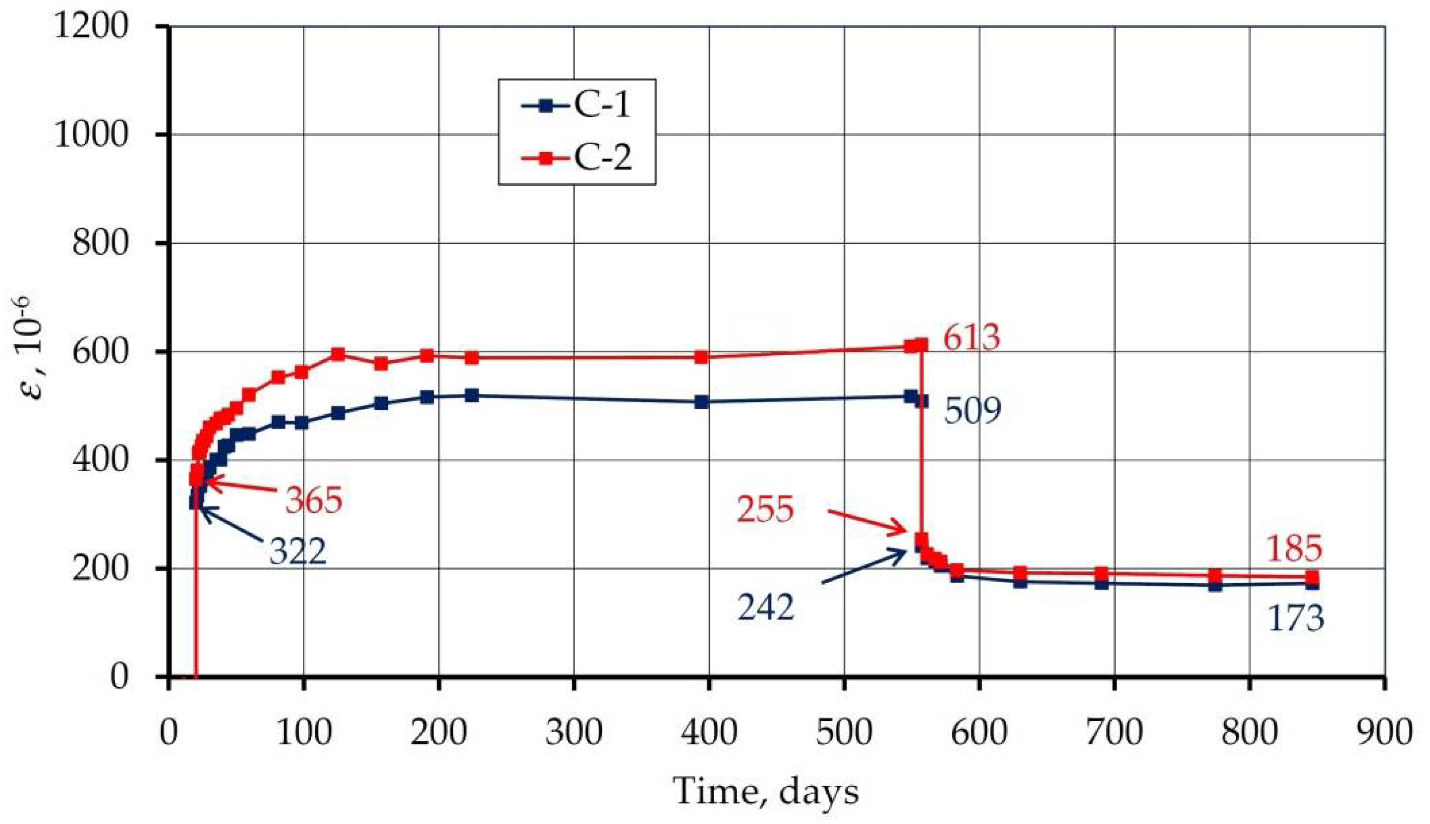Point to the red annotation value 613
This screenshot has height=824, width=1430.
[972, 338]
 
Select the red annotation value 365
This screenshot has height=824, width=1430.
[314, 500]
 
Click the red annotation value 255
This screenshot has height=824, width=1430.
[765, 509]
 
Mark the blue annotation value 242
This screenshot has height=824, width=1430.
[765, 609]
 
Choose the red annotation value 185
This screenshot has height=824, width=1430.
[1294, 549]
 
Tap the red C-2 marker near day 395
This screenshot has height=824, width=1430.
[701, 357]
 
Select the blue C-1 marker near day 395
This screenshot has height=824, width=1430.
[701, 402]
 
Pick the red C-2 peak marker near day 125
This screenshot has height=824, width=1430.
[338, 354]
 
